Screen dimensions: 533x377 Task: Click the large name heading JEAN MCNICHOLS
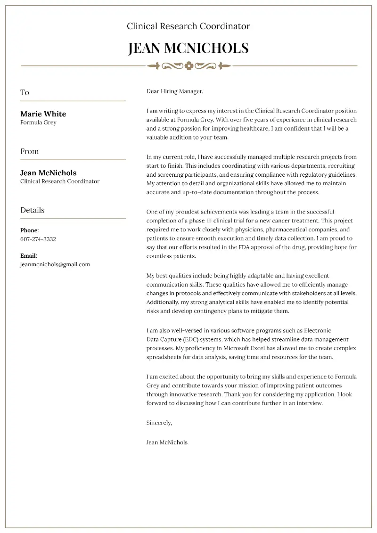[188, 48]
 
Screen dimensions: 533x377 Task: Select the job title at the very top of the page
[188, 26]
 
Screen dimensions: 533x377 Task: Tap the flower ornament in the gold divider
[188, 66]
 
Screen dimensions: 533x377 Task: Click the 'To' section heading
[25, 92]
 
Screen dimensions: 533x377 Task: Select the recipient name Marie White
[43, 114]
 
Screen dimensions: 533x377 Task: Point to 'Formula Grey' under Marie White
[38, 123]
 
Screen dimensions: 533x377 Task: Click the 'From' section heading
[29, 151]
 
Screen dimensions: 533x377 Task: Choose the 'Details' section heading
[32, 210]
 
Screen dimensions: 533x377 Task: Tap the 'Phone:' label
[29, 230]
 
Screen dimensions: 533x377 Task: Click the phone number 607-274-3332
[38, 239]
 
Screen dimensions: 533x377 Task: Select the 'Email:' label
[29, 255]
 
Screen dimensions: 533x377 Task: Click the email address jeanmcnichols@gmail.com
[55, 264]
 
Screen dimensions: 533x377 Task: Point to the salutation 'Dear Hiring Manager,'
[175, 91]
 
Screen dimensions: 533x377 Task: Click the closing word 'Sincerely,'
[159, 423]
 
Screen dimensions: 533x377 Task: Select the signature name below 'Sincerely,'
[167, 442]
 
